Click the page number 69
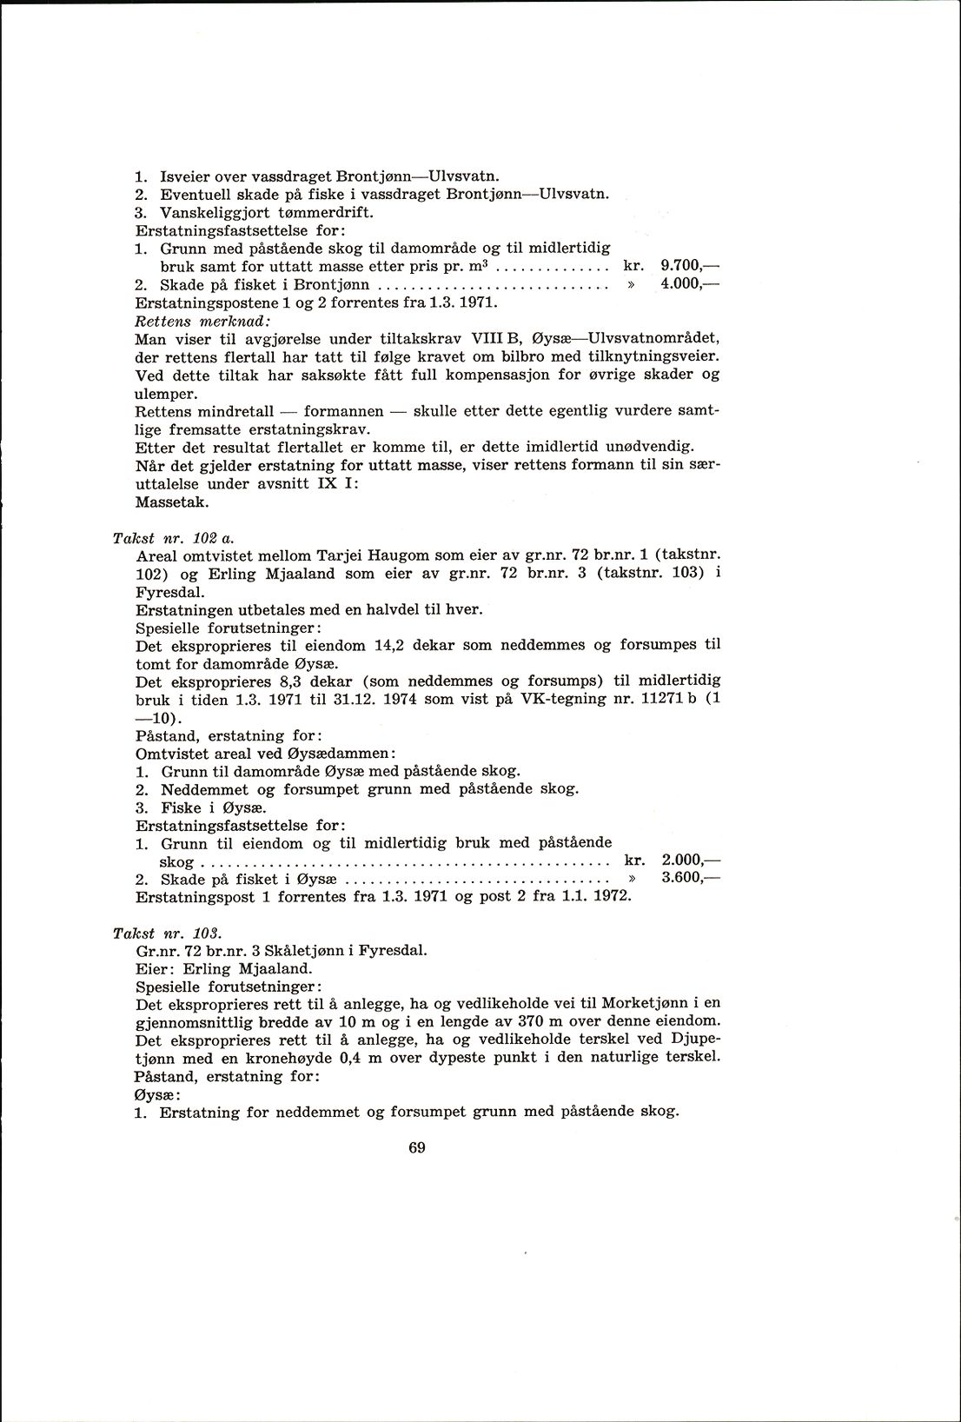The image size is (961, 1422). [416, 1147]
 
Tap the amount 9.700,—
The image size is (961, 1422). [691, 266]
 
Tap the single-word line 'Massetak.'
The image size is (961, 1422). [172, 502]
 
